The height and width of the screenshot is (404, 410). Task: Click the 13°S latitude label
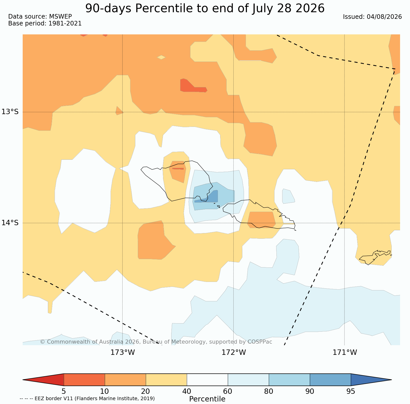tap(10, 112)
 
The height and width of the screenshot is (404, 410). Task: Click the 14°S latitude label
tap(10, 223)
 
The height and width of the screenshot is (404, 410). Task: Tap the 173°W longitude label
tap(123, 353)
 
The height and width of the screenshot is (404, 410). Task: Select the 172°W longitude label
tap(234, 353)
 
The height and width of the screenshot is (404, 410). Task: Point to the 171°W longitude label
tap(345, 353)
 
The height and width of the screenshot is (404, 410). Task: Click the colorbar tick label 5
tap(64, 391)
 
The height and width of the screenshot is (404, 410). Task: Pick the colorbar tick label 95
tap(351, 391)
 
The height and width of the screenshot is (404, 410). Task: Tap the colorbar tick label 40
tap(187, 391)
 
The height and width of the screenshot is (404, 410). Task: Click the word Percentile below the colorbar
tap(207, 399)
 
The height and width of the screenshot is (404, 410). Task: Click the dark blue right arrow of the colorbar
tap(371, 380)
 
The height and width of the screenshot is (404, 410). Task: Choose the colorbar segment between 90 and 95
tap(330, 380)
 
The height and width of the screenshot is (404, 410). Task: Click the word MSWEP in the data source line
tap(60, 17)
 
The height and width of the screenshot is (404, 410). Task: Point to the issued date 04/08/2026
tap(384, 17)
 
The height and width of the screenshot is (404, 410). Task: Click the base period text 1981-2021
tap(65, 23)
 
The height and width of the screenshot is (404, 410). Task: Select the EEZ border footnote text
tap(87, 398)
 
